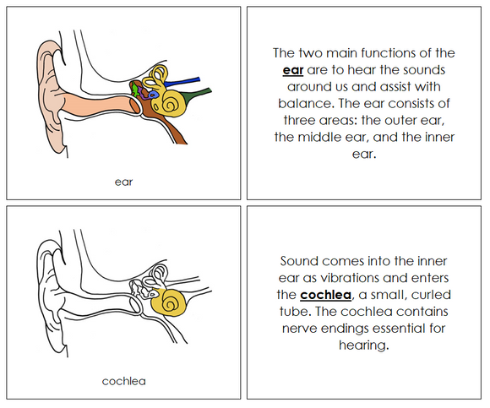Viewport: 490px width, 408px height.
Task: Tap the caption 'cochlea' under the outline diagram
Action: [x=123, y=381]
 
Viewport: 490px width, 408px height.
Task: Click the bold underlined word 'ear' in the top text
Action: [x=293, y=70]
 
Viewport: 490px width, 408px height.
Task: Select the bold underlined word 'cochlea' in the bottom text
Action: [x=322, y=295]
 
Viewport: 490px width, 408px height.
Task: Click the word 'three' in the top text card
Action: [x=293, y=121]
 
